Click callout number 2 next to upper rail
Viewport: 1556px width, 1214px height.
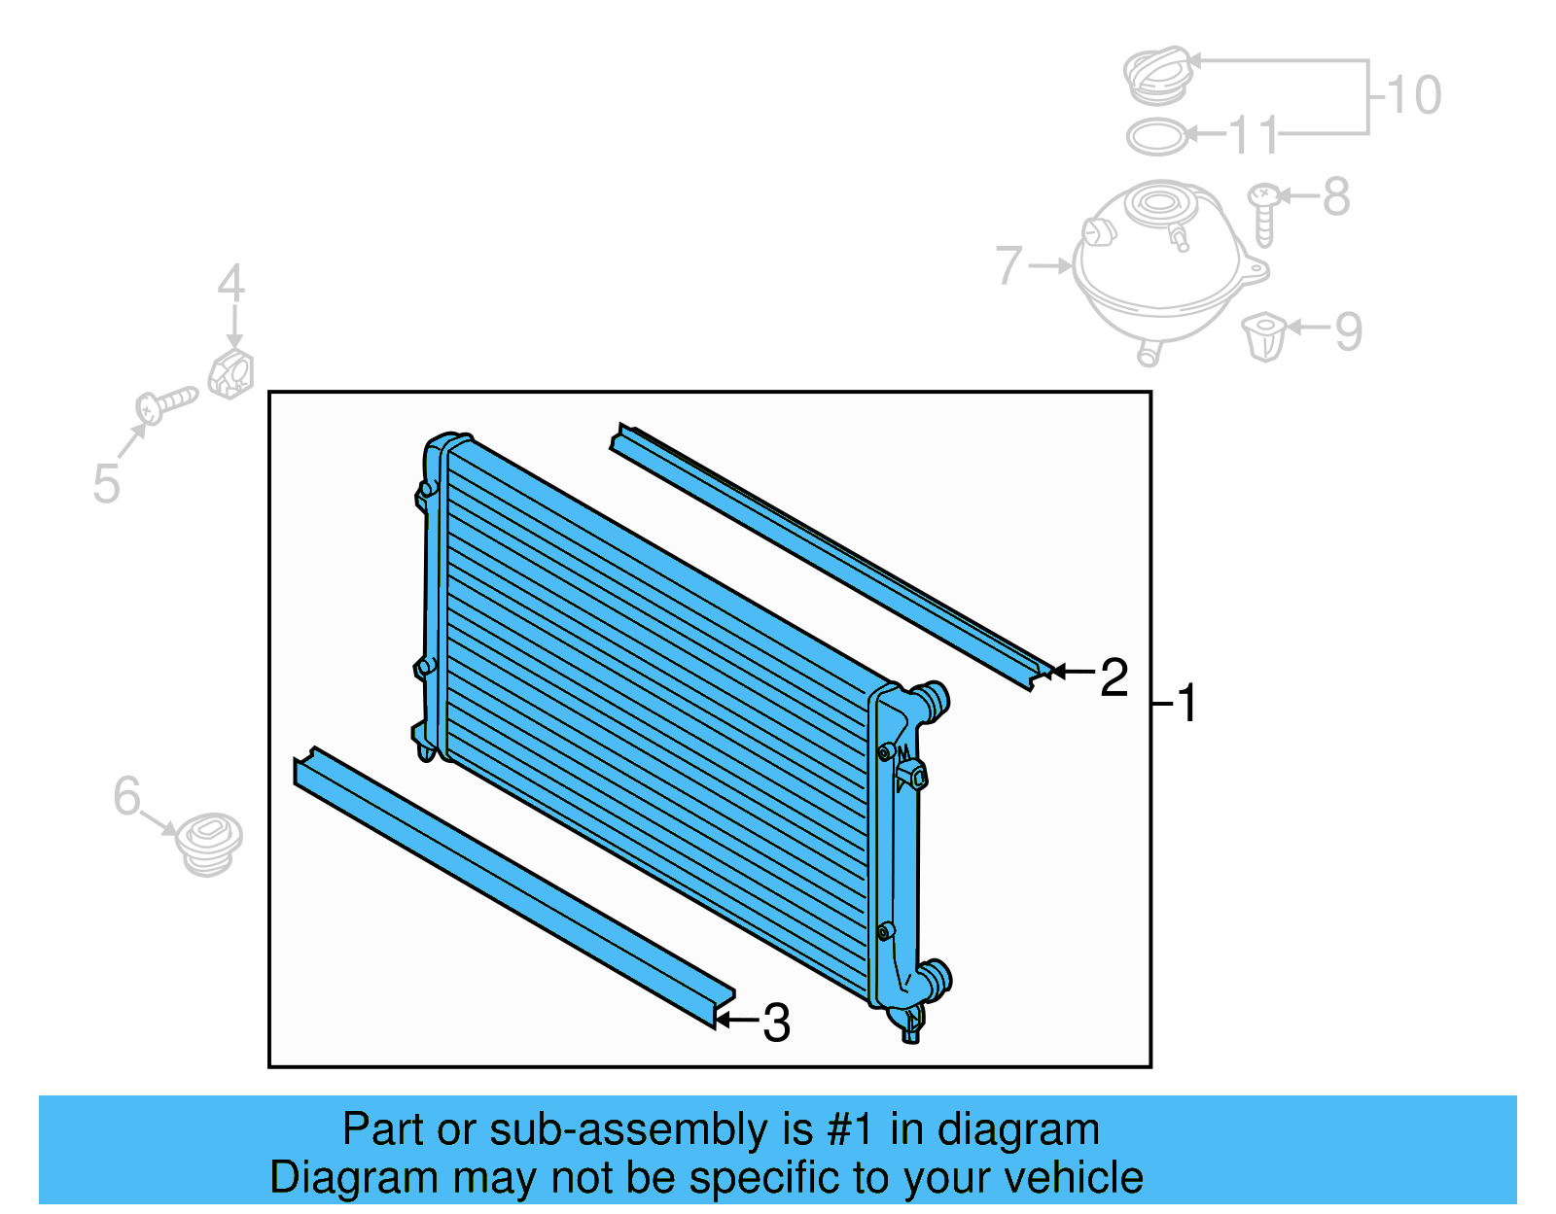[x=1114, y=677]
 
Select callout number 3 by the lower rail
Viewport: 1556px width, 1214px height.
[x=776, y=1023]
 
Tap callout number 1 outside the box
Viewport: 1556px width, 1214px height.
[x=1187, y=703]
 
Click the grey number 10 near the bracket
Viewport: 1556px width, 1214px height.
[x=1413, y=95]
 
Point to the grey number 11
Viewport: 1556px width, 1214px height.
[x=1254, y=136]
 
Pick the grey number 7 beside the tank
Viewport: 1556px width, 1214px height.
[x=1009, y=265]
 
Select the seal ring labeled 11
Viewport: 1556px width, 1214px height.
[x=1157, y=137]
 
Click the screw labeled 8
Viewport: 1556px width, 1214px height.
[x=1263, y=214]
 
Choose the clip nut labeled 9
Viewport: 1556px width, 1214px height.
[x=1264, y=336]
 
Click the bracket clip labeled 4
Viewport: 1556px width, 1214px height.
[x=231, y=374]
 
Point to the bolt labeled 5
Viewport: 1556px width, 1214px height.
[x=165, y=404]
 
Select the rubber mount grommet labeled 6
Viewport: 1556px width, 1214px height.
[x=209, y=844]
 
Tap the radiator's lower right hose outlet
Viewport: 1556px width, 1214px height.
[x=936, y=978]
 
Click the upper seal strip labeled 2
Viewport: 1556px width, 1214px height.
[x=827, y=554]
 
